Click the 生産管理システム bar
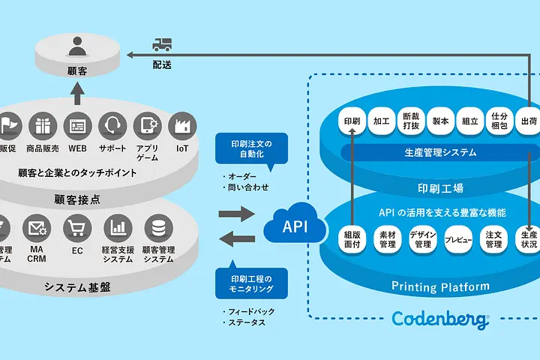[x=440, y=152]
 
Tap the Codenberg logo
[x=440, y=319]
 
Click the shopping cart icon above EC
[x=76, y=227]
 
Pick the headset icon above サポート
[x=113, y=124]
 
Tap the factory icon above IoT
[x=182, y=124]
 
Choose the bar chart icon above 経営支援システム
[x=117, y=227]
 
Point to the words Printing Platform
[x=440, y=286]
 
